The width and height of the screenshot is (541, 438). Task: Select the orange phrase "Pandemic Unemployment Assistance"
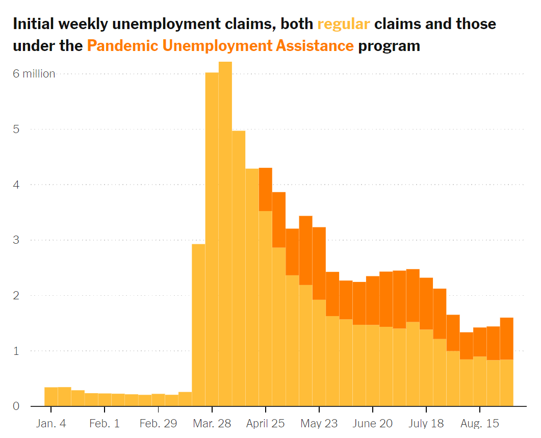click(220, 46)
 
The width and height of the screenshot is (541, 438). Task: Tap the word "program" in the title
click(389, 46)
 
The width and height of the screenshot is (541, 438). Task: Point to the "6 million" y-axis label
click(34, 74)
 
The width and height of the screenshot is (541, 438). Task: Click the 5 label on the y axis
click(16, 129)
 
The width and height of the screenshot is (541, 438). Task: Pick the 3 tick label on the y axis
click(16, 240)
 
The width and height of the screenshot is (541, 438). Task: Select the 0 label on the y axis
click(16, 406)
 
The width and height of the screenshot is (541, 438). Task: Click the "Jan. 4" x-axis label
click(51, 423)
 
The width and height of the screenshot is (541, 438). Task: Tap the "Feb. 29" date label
click(158, 423)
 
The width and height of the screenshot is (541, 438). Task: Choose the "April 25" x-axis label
click(265, 423)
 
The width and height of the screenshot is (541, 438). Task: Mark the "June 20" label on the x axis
click(372, 423)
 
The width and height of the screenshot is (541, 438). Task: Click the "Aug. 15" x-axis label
click(480, 423)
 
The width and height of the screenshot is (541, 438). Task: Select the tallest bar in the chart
click(225, 235)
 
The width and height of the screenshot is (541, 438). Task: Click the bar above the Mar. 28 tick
click(212, 240)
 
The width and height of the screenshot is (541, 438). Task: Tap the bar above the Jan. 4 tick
click(51, 397)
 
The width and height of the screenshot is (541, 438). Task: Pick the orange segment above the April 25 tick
click(266, 189)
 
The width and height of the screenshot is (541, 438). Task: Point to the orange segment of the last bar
click(506, 339)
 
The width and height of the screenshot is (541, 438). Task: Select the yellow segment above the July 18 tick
click(426, 368)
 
